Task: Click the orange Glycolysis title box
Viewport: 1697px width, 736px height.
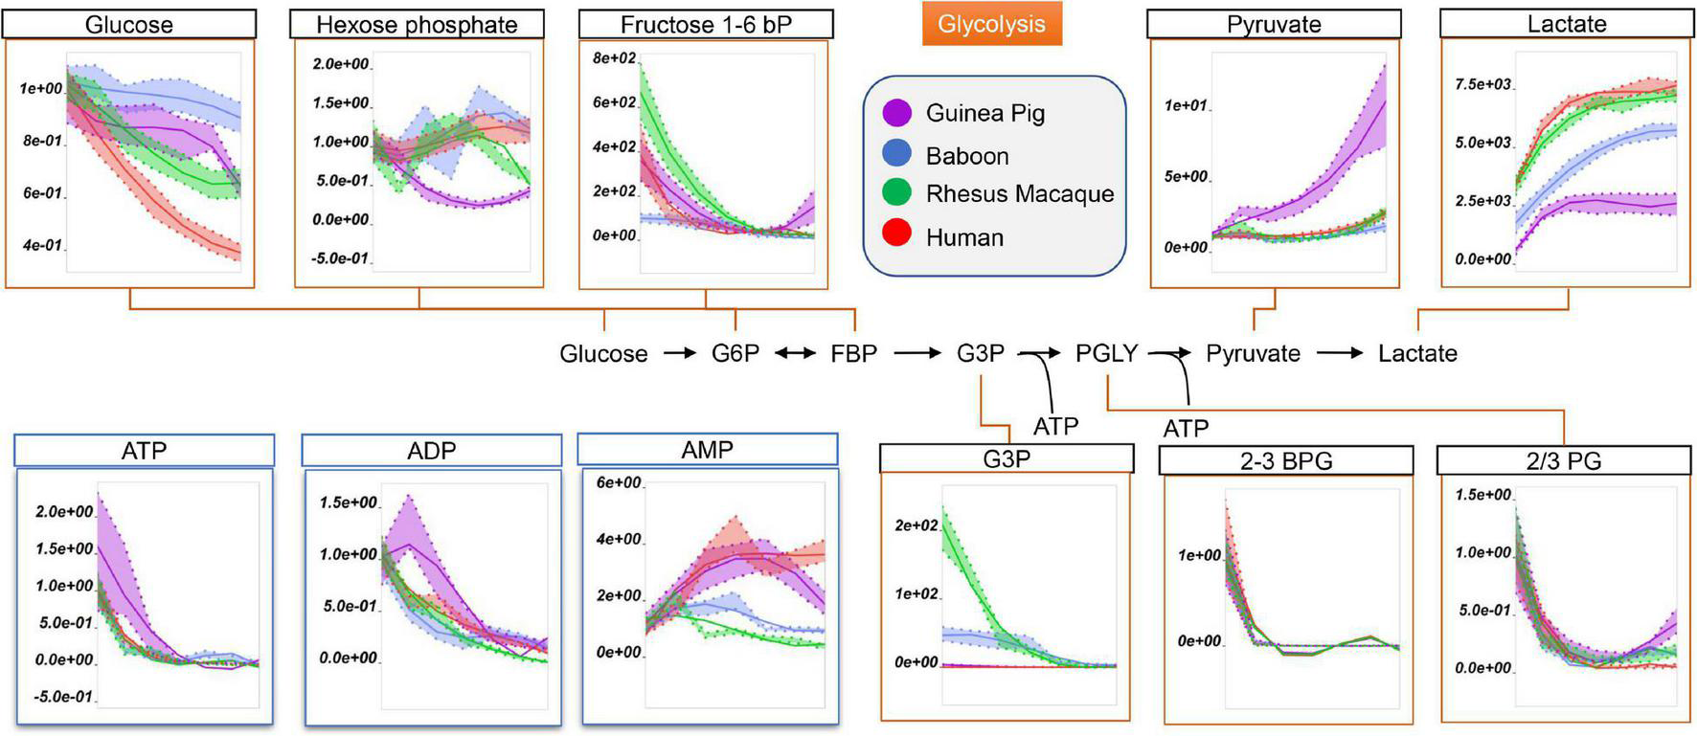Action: tap(991, 24)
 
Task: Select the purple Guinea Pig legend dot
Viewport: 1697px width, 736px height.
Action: tap(896, 113)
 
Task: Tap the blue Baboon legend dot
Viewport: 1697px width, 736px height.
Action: tap(896, 155)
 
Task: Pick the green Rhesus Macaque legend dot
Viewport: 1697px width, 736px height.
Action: tap(896, 193)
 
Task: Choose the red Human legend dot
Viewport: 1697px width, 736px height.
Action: tap(896, 236)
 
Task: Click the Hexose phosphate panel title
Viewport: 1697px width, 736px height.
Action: tap(417, 25)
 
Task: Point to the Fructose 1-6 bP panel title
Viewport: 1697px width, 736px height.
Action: tap(706, 25)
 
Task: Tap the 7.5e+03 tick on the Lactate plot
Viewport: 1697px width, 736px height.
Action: tap(1482, 84)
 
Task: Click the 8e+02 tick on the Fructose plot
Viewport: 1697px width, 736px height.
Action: tap(614, 58)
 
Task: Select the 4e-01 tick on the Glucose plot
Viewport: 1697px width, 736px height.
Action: tap(42, 245)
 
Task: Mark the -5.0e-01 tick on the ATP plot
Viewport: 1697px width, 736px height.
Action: tap(63, 697)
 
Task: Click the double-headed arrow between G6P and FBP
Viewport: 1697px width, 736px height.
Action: tap(795, 354)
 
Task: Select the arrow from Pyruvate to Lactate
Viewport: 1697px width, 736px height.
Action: tap(1340, 354)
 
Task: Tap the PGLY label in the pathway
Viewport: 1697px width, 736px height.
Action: tap(1106, 354)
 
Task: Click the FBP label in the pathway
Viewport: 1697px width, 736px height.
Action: tap(853, 354)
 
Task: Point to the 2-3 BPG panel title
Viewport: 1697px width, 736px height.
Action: tap(1286, 461)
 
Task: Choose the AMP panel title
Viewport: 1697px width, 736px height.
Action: tap(707, 450)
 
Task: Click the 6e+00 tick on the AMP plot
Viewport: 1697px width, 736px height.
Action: tap(619, 482)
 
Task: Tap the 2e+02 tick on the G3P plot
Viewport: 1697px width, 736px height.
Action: tap(916, 525)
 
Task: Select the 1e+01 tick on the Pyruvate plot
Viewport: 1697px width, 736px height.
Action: tap(1186, 105)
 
